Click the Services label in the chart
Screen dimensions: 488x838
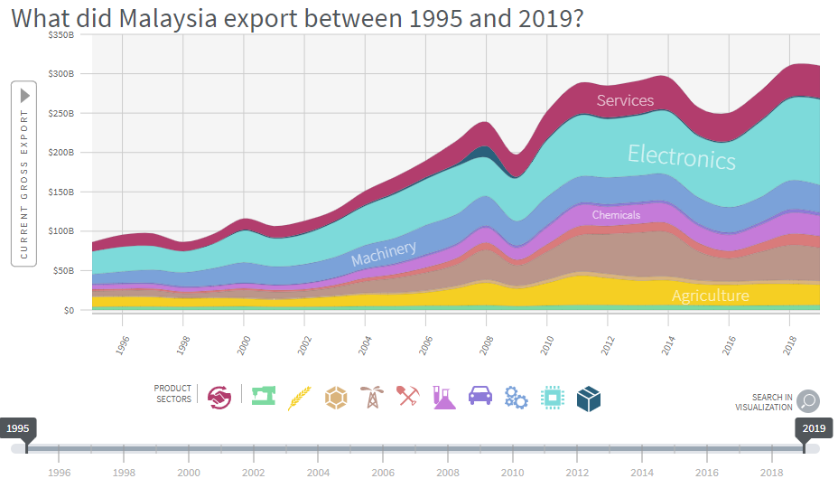click(625, 100)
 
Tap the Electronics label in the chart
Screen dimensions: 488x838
click(682, 157)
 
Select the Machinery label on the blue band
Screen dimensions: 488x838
click(384, 254)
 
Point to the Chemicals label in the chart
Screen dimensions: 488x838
click(616, 215)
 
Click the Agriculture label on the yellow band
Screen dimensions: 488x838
click(710, 296)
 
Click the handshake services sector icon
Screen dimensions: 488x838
click(219, 398)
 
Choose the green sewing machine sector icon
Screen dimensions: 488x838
click(263, 397)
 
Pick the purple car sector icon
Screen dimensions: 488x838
click(480, 396)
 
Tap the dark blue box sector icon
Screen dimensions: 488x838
click(589, 398)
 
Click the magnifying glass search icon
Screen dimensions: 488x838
click(807, 400)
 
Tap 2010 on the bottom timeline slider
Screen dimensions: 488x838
click(512, 473)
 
